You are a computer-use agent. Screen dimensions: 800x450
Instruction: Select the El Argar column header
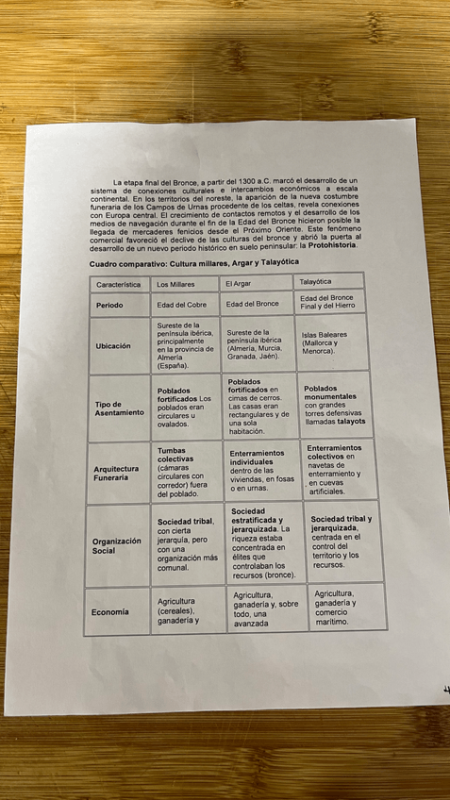(x=239, y=283)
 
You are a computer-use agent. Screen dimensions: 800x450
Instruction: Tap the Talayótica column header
(x=315, y=282)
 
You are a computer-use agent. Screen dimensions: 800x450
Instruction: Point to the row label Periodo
(x=109, y=306)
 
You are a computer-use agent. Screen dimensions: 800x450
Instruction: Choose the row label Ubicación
(x=113, y=346)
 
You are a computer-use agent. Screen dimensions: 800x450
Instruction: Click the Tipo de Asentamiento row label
(x=119, y=408)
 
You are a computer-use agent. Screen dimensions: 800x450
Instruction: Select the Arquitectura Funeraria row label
(x=117, y=473)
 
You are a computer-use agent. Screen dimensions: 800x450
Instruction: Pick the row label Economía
(x=110, y=612)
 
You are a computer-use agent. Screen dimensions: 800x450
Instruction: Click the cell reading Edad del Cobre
(x=182, y=305)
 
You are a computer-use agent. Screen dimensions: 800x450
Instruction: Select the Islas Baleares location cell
(x=325, y=342)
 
